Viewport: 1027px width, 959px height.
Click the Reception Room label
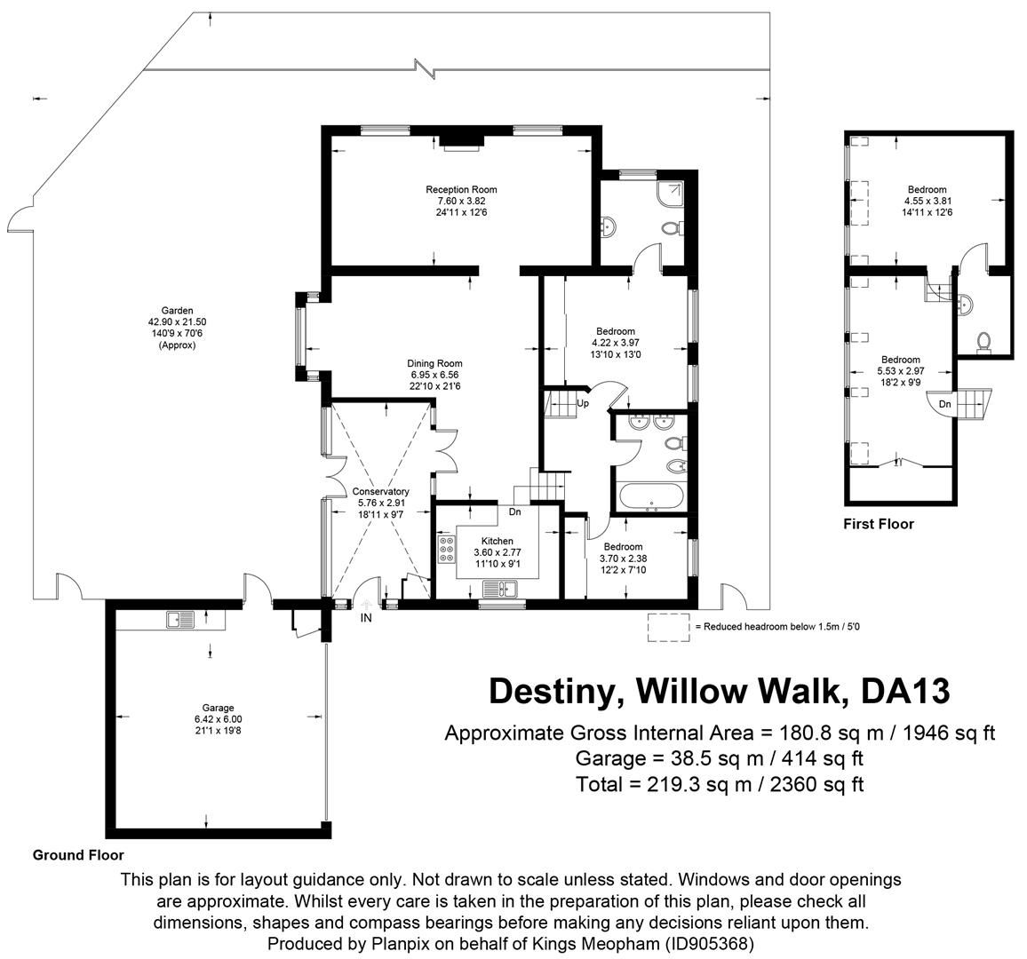pos(461,189)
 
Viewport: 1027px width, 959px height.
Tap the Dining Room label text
pos(434,363)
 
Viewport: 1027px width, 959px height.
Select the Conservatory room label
pos(380,491)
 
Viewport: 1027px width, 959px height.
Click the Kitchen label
pos(497,541)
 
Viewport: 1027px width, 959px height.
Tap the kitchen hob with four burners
pos(444,551)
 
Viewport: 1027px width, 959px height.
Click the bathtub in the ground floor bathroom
pos(652,497)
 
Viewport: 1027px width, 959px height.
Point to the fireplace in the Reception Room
pos(461,140)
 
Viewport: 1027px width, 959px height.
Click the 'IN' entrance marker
pos(366,618)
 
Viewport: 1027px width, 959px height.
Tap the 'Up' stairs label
pos(583,403)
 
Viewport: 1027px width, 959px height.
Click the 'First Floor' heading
pos(878,524)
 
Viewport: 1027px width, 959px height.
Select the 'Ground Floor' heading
pos(78,855)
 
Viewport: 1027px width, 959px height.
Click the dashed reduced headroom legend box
pos(669,626)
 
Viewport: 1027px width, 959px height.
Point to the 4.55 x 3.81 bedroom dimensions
pos(927,201)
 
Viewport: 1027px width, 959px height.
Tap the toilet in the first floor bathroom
pos(983,341)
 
